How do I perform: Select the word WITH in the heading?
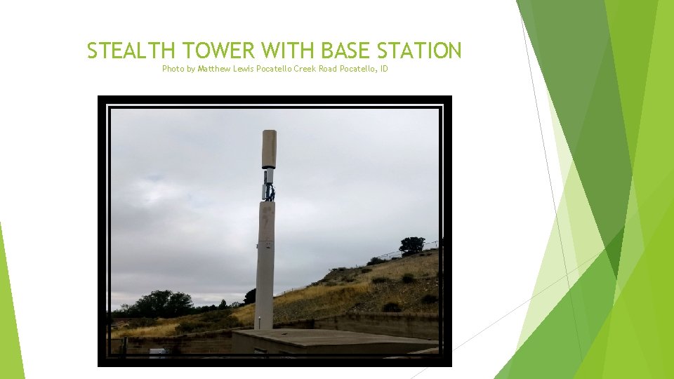(291, 51)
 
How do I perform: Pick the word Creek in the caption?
(305, 69)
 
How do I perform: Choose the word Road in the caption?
(328, 69)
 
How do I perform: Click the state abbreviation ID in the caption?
(383, 69)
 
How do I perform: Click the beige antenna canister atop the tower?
(269, 149)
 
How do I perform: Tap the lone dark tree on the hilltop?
(411, 245)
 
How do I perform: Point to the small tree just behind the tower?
(250, 297)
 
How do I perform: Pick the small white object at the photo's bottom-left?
(157, 350)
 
